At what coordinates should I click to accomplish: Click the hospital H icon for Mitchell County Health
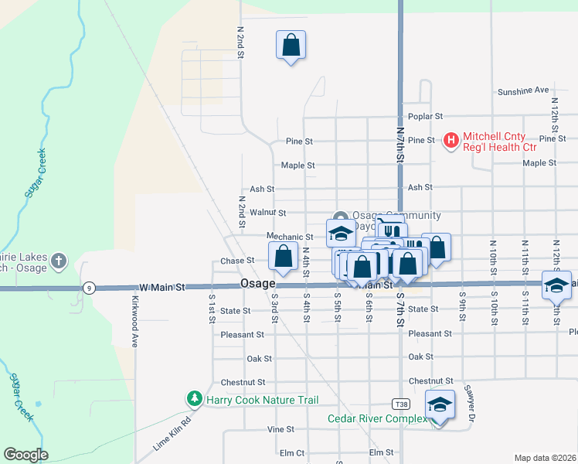[x=450, y=141]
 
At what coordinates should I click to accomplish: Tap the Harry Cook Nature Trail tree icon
[x=194, y=399]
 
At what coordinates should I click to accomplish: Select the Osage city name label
[x=257, y=284]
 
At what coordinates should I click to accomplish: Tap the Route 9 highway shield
[x=90, y=288]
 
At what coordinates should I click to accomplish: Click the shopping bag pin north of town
[x=291, y=46]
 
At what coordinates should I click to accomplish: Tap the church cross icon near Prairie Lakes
[x=59, y=261]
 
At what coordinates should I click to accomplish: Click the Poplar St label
[x=426, y=116]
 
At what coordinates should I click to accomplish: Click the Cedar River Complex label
[x=377, y=419]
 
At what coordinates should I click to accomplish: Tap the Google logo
[x=26, y=455]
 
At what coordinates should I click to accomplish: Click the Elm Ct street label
[x=292, y=452]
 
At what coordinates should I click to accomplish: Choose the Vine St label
[x=280, y=429]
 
